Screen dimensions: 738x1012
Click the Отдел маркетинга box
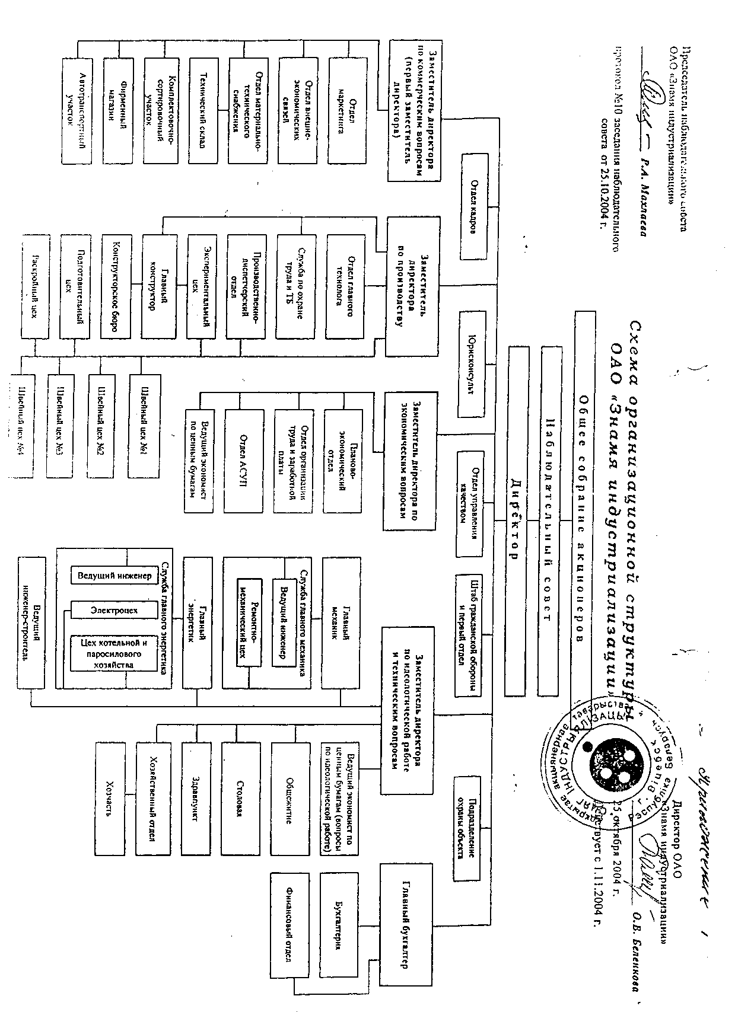pos(345,110)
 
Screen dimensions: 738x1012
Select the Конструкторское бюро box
pos(116,286)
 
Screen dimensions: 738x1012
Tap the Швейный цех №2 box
pos(100,426)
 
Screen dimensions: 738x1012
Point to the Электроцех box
pos(114,609)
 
